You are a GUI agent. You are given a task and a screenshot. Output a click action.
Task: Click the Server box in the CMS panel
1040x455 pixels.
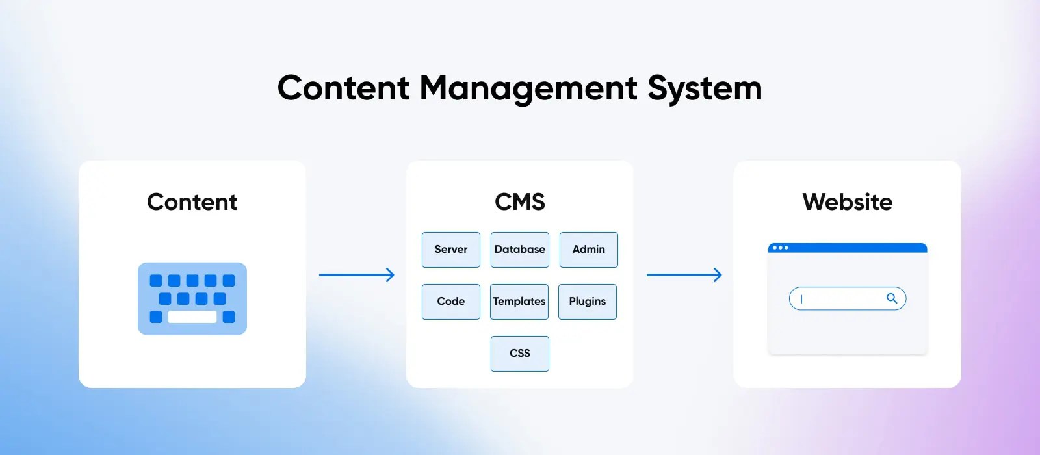(x=451, y=250)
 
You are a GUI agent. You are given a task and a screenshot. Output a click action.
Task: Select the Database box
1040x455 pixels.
(x=520, y=250)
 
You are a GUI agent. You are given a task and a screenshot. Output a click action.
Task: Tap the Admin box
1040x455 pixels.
(x=589, y=250)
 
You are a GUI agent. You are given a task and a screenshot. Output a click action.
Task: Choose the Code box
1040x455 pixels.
(x=451, y=302)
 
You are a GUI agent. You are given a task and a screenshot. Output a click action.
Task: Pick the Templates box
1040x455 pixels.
(x=519, y=302)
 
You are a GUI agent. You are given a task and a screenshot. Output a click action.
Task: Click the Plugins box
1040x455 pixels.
(x=588, y=302)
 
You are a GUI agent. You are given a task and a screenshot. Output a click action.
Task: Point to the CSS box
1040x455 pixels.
(x=520, y=354)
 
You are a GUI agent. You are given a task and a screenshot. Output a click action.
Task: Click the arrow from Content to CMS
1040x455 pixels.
(x=357, y=275)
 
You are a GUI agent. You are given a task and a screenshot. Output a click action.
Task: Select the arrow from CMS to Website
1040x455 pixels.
(x=684, y=275)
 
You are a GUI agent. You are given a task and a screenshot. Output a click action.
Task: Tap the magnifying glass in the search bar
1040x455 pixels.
(x=892, y=298)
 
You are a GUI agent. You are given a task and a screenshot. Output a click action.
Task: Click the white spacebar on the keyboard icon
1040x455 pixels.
(x=192, y=317)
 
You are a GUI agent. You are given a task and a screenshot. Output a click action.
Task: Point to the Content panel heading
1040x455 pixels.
(x=192, y=202)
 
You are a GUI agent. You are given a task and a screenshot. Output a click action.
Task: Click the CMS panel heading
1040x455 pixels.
(x=520, y=202)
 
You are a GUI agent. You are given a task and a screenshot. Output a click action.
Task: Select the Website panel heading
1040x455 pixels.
(x=848, y=202)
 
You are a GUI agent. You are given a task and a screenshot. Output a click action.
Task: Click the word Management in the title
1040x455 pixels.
(x=528, y=89)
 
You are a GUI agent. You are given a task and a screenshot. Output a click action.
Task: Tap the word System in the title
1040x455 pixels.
(x=705, y=89)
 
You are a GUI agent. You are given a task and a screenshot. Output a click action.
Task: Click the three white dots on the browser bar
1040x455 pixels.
(x=781, y=248)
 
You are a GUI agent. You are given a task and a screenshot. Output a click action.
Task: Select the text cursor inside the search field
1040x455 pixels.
(x=801, y=299)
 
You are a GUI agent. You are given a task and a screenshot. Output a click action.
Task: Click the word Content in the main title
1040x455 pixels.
(x=344, y=88)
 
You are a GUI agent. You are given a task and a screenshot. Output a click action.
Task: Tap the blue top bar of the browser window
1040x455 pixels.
(x=858, y=248)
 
